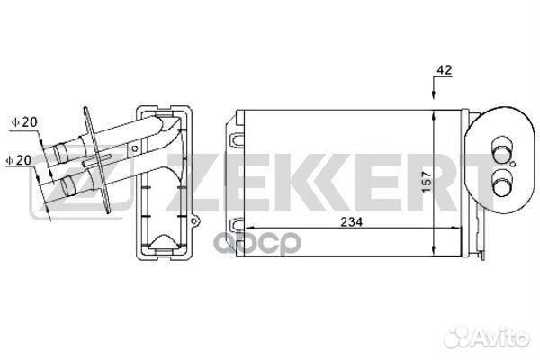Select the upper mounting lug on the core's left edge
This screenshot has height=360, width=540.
coord(237,141)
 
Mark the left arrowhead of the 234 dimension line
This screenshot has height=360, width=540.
coord(249,228)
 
